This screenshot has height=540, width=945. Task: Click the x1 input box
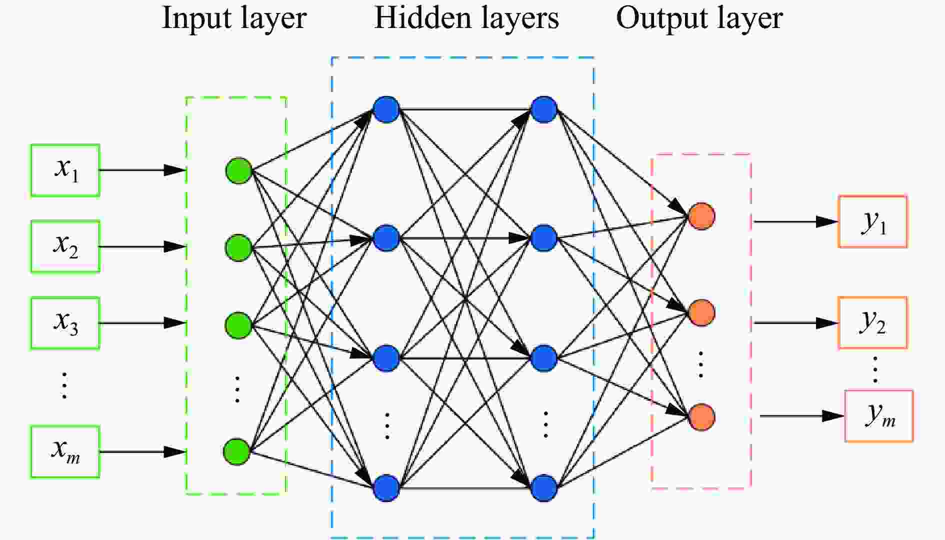(65, 170)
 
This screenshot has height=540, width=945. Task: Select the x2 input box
(65, 246)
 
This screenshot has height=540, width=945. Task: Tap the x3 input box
(65, 323)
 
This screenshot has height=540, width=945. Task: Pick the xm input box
(65, 452)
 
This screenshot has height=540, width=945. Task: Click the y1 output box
(872, 221)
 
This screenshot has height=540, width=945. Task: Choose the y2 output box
(872, 322)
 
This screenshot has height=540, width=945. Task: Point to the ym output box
(879, 416)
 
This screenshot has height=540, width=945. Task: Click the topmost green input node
(238, 171)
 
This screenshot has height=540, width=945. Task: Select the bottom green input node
(237, 452)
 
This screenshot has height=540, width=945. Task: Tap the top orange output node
(701, 216)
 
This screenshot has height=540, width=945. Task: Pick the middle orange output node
(701, 313)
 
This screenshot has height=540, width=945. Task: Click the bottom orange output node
(701, 417)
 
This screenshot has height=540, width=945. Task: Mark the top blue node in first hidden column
(386, 109)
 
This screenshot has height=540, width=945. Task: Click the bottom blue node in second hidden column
(543, 488)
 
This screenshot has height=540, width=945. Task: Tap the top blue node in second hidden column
(543, 109)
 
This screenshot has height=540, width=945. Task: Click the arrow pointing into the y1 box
(796, 221)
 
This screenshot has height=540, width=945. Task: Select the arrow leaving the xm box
(143, 452)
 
